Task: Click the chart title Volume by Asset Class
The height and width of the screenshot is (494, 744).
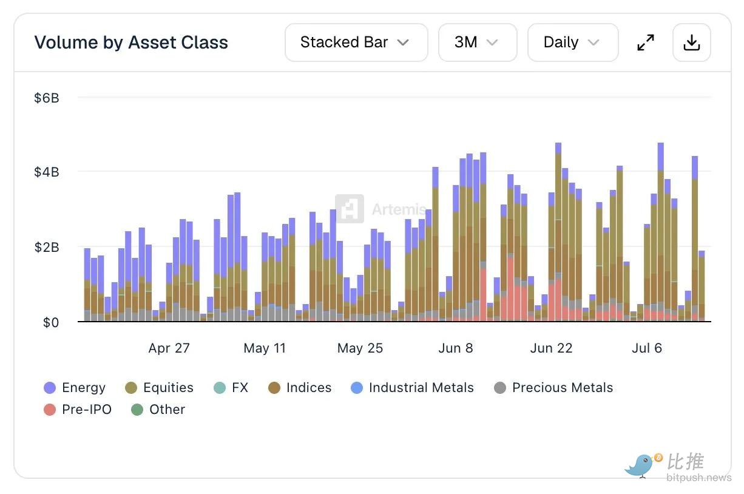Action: (x=131, y=42)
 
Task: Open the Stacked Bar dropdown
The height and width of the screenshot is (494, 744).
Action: (x=356, y=42)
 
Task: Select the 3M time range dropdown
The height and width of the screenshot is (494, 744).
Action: (x=478, y=42)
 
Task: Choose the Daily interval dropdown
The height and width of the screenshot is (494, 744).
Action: (x=573, y=42)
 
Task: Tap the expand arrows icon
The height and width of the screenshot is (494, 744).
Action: (x=646, y=42)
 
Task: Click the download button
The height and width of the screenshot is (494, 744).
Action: (x=692, y=42)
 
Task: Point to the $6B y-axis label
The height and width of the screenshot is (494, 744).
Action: (x=47, y=98)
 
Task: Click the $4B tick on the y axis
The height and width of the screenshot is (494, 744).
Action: (x=47, y=172)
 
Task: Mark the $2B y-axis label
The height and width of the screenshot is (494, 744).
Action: (x=47, y=247)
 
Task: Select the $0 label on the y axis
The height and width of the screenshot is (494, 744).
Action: (x=51, y=322)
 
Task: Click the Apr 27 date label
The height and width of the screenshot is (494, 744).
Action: (x=169, y=348)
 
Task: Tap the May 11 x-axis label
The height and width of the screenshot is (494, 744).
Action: (x=265, y=348)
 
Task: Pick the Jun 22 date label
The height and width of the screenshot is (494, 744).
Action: (x=552, y=348)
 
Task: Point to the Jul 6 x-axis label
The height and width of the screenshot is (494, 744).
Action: (x=647, y=348)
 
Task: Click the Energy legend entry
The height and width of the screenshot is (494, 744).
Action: (x=75, y=388)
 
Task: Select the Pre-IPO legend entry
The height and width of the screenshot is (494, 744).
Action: (x=78, y=410)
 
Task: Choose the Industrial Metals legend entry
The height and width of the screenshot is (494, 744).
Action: (x=412, y=388)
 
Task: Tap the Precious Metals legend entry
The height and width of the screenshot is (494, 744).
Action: (x=553, y=388)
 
